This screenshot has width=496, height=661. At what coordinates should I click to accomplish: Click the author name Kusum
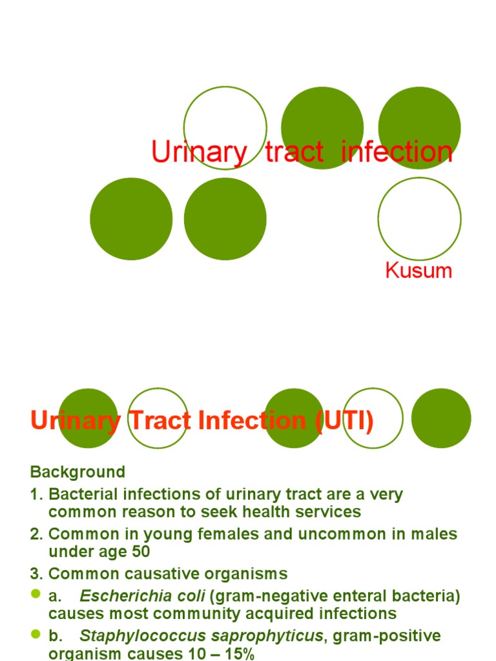(x=418, y=270)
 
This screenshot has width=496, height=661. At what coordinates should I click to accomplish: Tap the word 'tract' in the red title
(x=294, y=152)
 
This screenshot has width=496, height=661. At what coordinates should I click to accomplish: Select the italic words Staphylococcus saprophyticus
(x=201, y=636)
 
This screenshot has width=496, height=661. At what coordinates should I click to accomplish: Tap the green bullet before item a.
(x=36, y=595)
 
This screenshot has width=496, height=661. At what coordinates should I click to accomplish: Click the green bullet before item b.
(x=36, y=635)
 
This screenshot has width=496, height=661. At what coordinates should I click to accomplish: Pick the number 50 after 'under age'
(x=138, y=552)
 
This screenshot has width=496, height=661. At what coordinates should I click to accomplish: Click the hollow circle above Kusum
(x=419, y=218)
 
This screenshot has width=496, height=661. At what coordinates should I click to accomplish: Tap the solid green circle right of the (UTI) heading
(x=441, y=418)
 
